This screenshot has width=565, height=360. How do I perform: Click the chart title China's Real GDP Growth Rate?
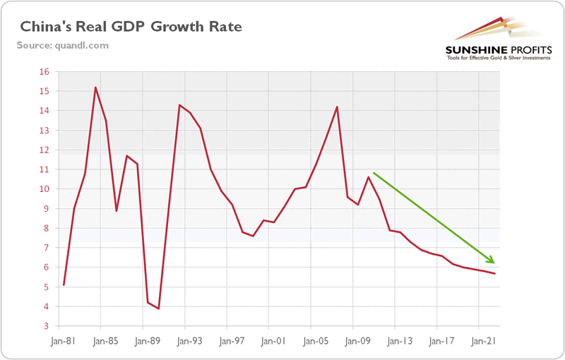(131, 28)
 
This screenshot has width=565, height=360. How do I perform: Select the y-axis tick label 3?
(45, 326)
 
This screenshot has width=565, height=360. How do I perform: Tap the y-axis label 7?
(45, 248)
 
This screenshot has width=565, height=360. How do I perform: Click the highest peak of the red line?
(95, 88)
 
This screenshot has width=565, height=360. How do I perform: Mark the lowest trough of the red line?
(159, 308)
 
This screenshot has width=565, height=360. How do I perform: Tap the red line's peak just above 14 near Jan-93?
(179, 105)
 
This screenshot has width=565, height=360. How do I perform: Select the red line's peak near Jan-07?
(337, 107)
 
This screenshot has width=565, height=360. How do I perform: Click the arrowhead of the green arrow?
(491, 261)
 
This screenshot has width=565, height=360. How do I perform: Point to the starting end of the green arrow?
(373, 172)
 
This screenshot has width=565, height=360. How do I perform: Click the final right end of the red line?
(495, 274)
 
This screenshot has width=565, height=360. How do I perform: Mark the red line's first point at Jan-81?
(64, 285)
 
